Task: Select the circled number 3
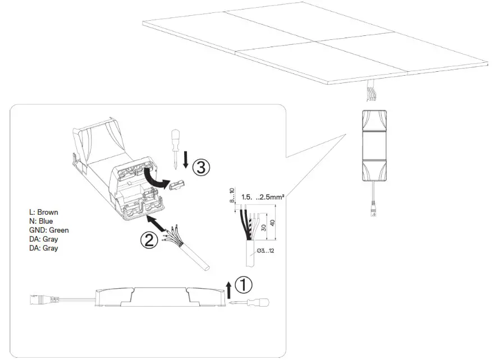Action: coord(202,166)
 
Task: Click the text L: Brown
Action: coord(44,213)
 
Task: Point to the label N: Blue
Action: coord(41,221)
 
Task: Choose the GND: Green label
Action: coord(49,230)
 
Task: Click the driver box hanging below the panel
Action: coord(373,145)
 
